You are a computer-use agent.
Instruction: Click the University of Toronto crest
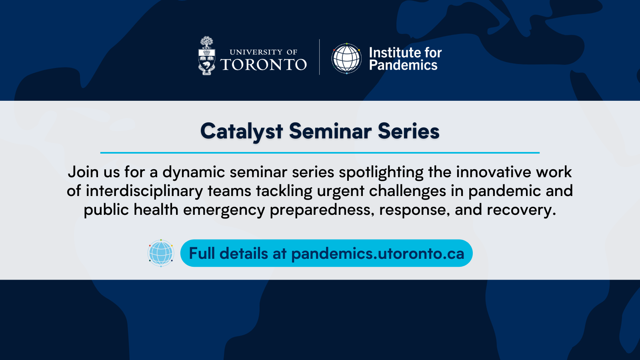coord(206,56)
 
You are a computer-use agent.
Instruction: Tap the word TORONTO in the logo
coord(264,64)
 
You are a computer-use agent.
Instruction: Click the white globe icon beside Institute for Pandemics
coord(346,58)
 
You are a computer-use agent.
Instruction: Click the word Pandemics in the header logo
coord(403,65)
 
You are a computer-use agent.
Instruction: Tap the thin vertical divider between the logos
coord(320,57)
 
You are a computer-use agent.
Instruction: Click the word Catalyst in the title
coord(242,132)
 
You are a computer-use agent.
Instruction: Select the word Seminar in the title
coord(330,131)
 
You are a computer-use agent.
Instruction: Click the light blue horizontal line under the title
coord(320,153)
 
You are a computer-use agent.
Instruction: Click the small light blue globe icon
coord(161,253)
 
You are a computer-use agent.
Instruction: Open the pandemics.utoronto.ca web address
coord(378,254)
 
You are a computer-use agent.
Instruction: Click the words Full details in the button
coord(228,253)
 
